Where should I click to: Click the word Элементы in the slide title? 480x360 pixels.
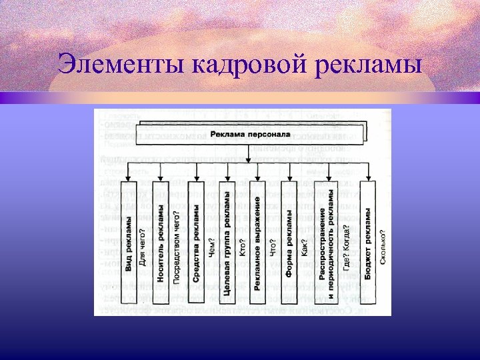click(x=123, y=66)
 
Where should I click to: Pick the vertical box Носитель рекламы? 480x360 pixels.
click(x=161, y=243)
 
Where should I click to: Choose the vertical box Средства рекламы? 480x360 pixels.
click(x=196, y=243)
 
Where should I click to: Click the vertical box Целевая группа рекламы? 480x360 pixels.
click(x=227, y=243)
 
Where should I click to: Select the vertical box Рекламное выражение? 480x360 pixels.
click(x=258, y=243)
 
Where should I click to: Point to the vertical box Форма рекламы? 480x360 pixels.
click(x=289, y=243)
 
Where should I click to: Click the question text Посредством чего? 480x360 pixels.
click(x=177, y=247)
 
